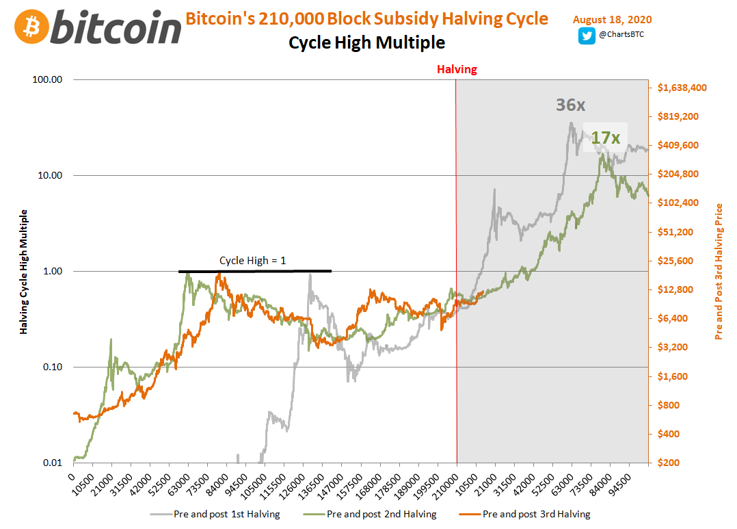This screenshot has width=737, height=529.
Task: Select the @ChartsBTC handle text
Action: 620,34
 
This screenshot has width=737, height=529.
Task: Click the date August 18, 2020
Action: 612,18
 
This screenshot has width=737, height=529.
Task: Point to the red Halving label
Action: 457,69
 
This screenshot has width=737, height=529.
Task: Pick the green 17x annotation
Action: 605,138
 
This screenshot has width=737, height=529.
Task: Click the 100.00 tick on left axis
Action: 48,79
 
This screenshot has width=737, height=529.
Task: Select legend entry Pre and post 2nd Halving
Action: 381,514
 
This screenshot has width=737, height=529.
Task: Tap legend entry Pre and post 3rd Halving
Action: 535,514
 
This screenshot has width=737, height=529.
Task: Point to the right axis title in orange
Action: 719,271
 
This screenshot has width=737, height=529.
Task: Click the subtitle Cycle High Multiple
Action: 366,43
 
